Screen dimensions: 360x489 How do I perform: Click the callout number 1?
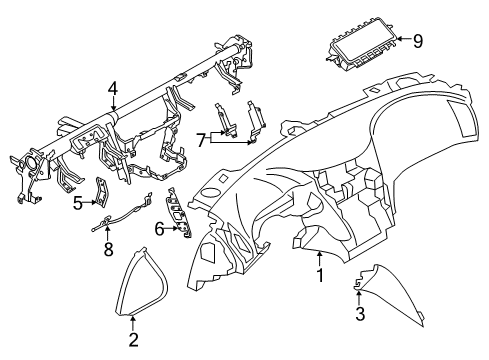click(319, 275)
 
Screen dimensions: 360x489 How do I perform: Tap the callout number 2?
click(133, 341)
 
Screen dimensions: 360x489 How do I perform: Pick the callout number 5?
click(78, 204)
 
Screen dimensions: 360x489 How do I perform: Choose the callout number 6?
click(159, 229)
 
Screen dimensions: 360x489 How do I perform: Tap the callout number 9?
click(418, 41)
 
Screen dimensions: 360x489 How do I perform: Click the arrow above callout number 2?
click(133, 322)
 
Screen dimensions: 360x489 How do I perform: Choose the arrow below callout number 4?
click(115, 103)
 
